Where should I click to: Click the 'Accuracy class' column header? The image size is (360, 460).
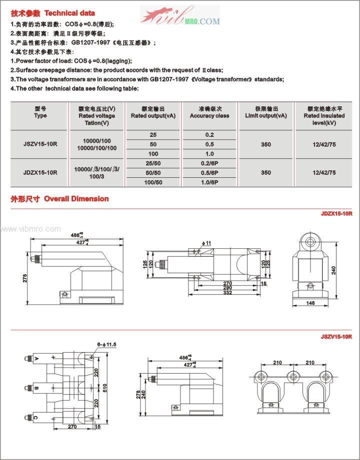(x=209, y=112)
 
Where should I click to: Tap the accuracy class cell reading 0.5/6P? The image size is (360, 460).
(x=209, y=173)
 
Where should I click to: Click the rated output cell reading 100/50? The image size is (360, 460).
(x=153, y=182)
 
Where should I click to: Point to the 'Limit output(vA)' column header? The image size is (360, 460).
(x=266, y=112)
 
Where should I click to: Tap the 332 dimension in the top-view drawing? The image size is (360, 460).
(x=227, y=292)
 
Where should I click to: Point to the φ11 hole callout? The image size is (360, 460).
(x=207, y=243)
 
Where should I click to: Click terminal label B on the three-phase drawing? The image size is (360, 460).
(x=37, y=388)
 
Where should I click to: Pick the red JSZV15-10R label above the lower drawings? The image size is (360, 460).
(x=336, y=337)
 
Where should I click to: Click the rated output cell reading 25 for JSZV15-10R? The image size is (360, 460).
(x=153, y=135)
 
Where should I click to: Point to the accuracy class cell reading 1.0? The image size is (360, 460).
(x=209, y=154)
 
